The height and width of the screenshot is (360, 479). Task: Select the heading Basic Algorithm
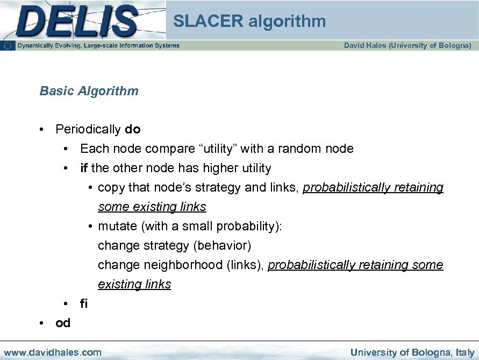tap(89, 91)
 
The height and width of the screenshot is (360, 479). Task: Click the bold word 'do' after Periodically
tap(132, 129)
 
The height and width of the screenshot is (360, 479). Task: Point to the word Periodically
tap(88, 129)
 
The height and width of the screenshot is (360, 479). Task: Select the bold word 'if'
tap(84, 168)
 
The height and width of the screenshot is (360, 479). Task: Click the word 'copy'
tap(111, 187)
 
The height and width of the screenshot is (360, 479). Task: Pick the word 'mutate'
tap(118, 226)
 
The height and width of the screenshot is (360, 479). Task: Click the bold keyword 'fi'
tap(83, 303)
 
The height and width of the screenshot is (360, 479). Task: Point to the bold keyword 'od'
tap(63, 323)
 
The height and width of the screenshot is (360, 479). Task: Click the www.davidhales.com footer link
tap(52, 352)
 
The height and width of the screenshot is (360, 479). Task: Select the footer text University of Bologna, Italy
tap(412, 352)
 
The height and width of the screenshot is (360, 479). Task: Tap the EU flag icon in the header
tap(8, 46)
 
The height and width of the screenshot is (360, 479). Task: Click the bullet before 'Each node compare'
tap(65, 149)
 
